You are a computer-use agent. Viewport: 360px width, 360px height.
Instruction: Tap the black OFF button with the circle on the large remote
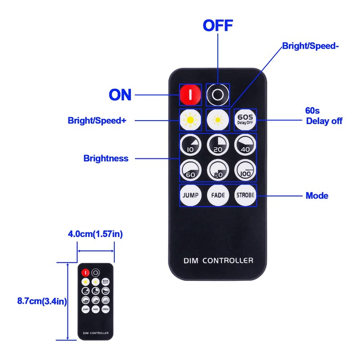[218, 94]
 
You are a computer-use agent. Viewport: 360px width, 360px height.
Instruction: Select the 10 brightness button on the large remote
[190, 145]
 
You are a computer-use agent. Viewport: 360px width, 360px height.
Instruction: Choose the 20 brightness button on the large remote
[218, 145]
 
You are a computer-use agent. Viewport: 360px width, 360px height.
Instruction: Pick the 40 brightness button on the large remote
[245, 145]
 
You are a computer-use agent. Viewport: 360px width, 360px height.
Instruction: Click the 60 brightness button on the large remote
[190, 171]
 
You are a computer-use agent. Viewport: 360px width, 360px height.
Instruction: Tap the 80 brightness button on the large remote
[218, 171]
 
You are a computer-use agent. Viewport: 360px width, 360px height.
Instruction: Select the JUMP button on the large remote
[190, 196]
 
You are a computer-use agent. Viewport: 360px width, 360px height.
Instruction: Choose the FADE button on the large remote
[218, 196]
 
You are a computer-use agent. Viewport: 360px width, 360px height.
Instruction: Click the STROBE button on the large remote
[245, 196]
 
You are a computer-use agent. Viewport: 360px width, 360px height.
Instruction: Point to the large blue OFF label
[218, 25]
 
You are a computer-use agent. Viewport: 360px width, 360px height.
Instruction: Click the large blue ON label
[120, 95]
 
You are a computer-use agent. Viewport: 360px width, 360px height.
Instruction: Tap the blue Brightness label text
[106, 158]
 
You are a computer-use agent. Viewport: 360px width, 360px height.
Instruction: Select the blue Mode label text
[317, 196]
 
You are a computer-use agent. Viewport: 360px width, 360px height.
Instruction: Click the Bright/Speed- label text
[310, 46]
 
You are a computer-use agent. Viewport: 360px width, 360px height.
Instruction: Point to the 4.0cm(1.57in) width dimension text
[95, 234]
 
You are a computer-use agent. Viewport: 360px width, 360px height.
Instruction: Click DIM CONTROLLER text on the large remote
[218, 261]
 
